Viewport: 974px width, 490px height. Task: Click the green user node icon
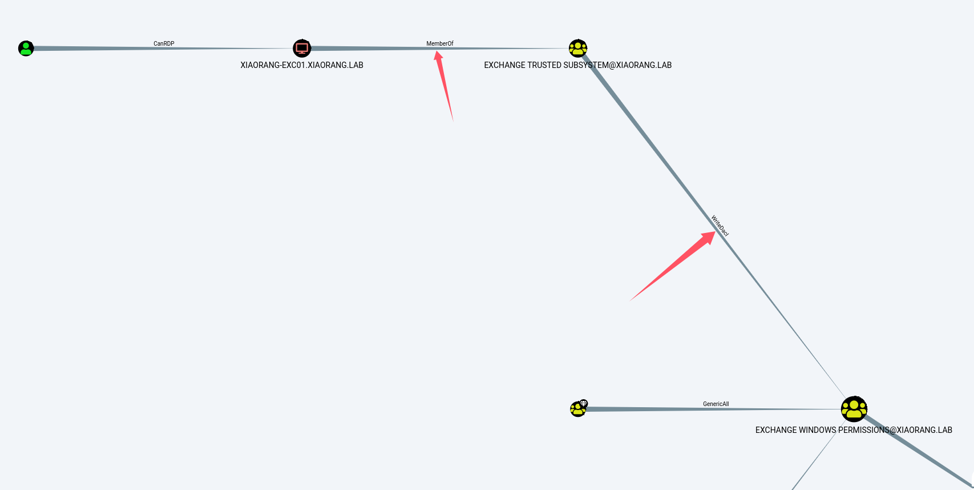tap(26, 49)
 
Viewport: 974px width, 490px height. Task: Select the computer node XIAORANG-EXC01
tap(302, 49)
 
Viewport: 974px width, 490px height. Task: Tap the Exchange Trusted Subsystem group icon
tap(578, 49)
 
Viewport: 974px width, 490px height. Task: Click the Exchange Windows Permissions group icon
tap(854, 409)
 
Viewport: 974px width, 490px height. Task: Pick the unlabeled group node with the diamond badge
tap(577, 409)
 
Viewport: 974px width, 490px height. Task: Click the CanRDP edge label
tap(164, 43)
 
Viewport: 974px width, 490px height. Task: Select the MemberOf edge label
tap(439, 43)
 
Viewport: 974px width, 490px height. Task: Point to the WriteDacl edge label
tap(720, 226)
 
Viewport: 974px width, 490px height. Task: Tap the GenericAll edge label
tap(716, 404)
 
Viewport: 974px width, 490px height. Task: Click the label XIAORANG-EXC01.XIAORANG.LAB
tap(302, 65)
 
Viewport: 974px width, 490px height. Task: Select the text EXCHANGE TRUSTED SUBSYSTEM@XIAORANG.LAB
tap(577, 65)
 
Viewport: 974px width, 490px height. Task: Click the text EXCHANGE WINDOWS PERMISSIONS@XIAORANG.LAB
tap(854, 430)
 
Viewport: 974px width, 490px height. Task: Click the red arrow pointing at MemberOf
tap(444, 86)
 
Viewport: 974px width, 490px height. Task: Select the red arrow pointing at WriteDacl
tap(673, 266)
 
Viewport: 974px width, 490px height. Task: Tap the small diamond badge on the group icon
tap(583, 403)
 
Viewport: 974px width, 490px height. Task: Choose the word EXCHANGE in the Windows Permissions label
tap(775, 430)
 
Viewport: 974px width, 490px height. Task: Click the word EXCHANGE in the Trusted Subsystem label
tap(504, 65)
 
